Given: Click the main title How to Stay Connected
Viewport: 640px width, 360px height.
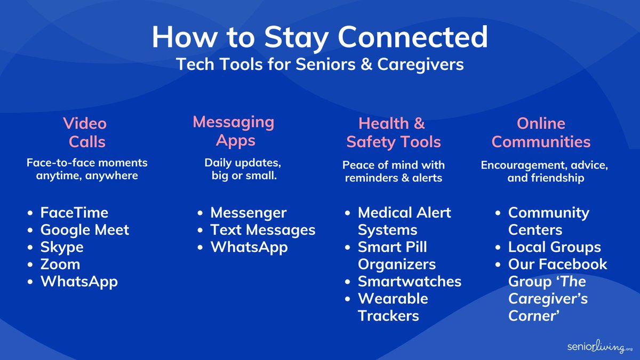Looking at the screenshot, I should [319, 37].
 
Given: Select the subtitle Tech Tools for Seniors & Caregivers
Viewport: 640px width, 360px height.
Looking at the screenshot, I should [319, 64].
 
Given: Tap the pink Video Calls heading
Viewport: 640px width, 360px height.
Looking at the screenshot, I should [85, 133].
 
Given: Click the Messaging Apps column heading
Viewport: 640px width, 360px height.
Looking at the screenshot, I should [233, 131].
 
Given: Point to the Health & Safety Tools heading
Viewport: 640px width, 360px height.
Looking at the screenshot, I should [393, 133].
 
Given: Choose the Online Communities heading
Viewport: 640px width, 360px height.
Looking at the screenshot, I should [541, 133].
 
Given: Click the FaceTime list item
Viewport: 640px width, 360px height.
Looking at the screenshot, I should [74, 213].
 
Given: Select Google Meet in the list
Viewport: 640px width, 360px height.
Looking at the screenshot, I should [85, 230].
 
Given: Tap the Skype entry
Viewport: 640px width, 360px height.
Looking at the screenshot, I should [62, 247].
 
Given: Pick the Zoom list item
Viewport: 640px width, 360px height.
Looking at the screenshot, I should [60, 264].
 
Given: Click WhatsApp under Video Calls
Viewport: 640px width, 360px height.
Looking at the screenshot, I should [79, 281].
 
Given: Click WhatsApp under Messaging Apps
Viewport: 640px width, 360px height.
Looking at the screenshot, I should [249, 247].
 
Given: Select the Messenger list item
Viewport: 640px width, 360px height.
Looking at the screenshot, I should [249, 213].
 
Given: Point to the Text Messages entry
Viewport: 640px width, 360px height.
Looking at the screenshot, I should [263, 230].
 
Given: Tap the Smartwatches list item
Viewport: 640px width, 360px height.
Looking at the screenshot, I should [410, 281].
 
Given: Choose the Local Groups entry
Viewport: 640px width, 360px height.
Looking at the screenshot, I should [555, 247].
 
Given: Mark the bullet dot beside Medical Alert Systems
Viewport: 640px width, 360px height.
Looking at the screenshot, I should [348, 213].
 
